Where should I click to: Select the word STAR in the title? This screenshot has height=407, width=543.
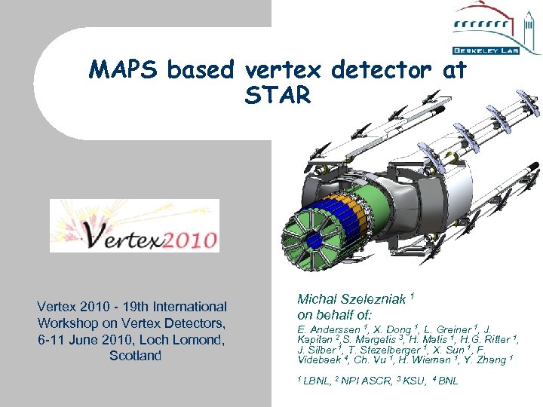point(278,96)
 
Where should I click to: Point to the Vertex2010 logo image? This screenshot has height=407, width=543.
point(134,225)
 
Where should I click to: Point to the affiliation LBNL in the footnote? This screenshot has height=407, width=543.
point(316,381)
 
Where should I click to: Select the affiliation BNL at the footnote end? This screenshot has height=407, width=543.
point(447,381)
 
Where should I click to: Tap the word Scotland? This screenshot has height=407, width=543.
point(135,356)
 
